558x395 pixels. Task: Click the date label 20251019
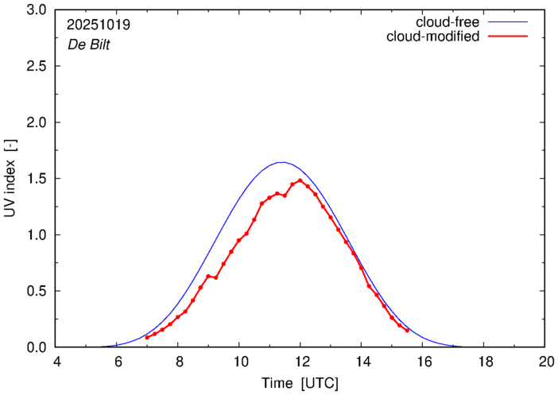coord(99,25)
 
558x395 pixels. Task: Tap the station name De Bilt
coord(89,45)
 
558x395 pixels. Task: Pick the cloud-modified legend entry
coord(432,37)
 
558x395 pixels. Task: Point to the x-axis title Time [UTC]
coord(300,383)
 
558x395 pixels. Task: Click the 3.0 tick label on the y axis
coord(37,10)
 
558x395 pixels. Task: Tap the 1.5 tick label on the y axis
coord(37,179)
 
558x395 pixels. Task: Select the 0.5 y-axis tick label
coord(37,291)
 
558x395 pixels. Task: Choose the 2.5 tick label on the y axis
coord(37,67)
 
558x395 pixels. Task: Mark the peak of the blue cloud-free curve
coord(281,162)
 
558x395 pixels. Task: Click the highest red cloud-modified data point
coord(300,180)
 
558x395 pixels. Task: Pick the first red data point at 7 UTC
coord(147,338)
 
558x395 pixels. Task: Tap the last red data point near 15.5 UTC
coord(407,330)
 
